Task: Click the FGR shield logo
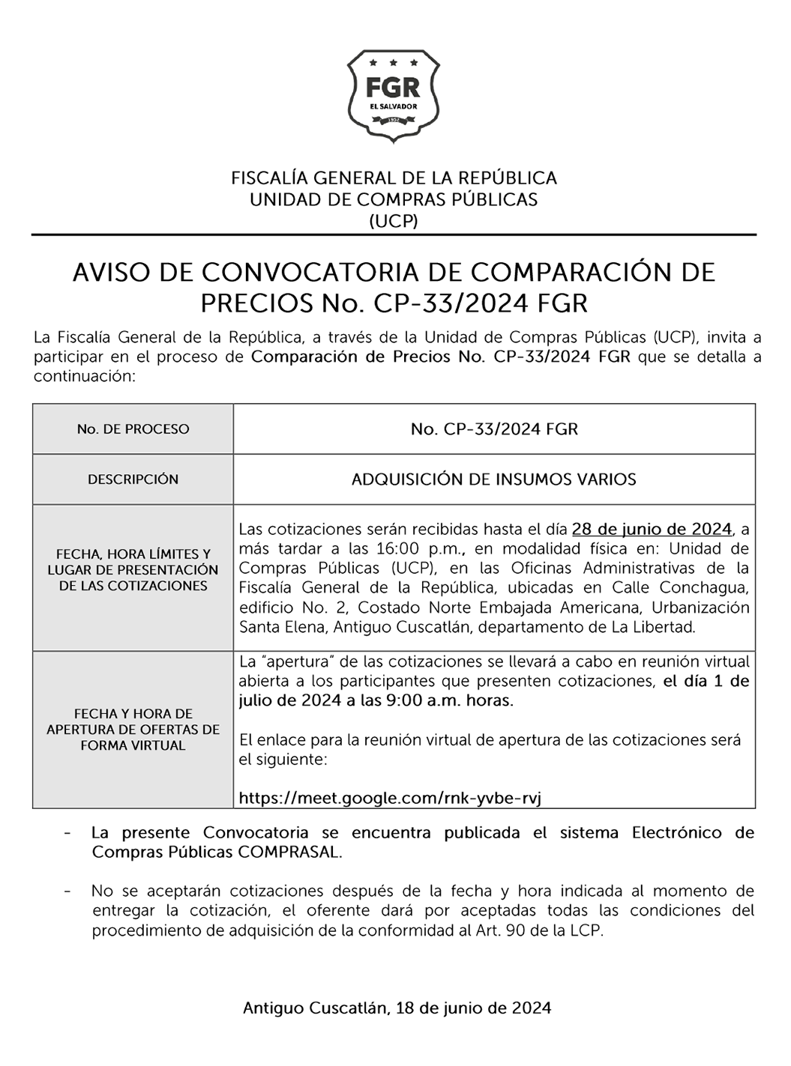pyautogui.click(x=394, y=95)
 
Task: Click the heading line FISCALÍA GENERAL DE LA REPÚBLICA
pyautogui.click(x=394, y=178)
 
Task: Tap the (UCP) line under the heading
pyautogui.click(x=394, y=220)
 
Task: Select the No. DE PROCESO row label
pyautogui.click(x=133, y=429)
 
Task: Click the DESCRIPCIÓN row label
pyautogui.click(x=133, y=479)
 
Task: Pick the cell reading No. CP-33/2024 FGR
pyautogui.click(x=494, y=429)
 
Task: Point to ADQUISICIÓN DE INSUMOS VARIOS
pyautogui.click(x=494, y=479)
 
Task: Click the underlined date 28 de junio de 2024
pyautogui.click(x=651, y=530)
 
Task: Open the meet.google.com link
pyautogui.click(x=390, y=799)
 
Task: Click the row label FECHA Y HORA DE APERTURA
pyautogui.click(x=133, y=730)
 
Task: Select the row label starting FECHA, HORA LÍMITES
pyautogui.click(x=133, y=570)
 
